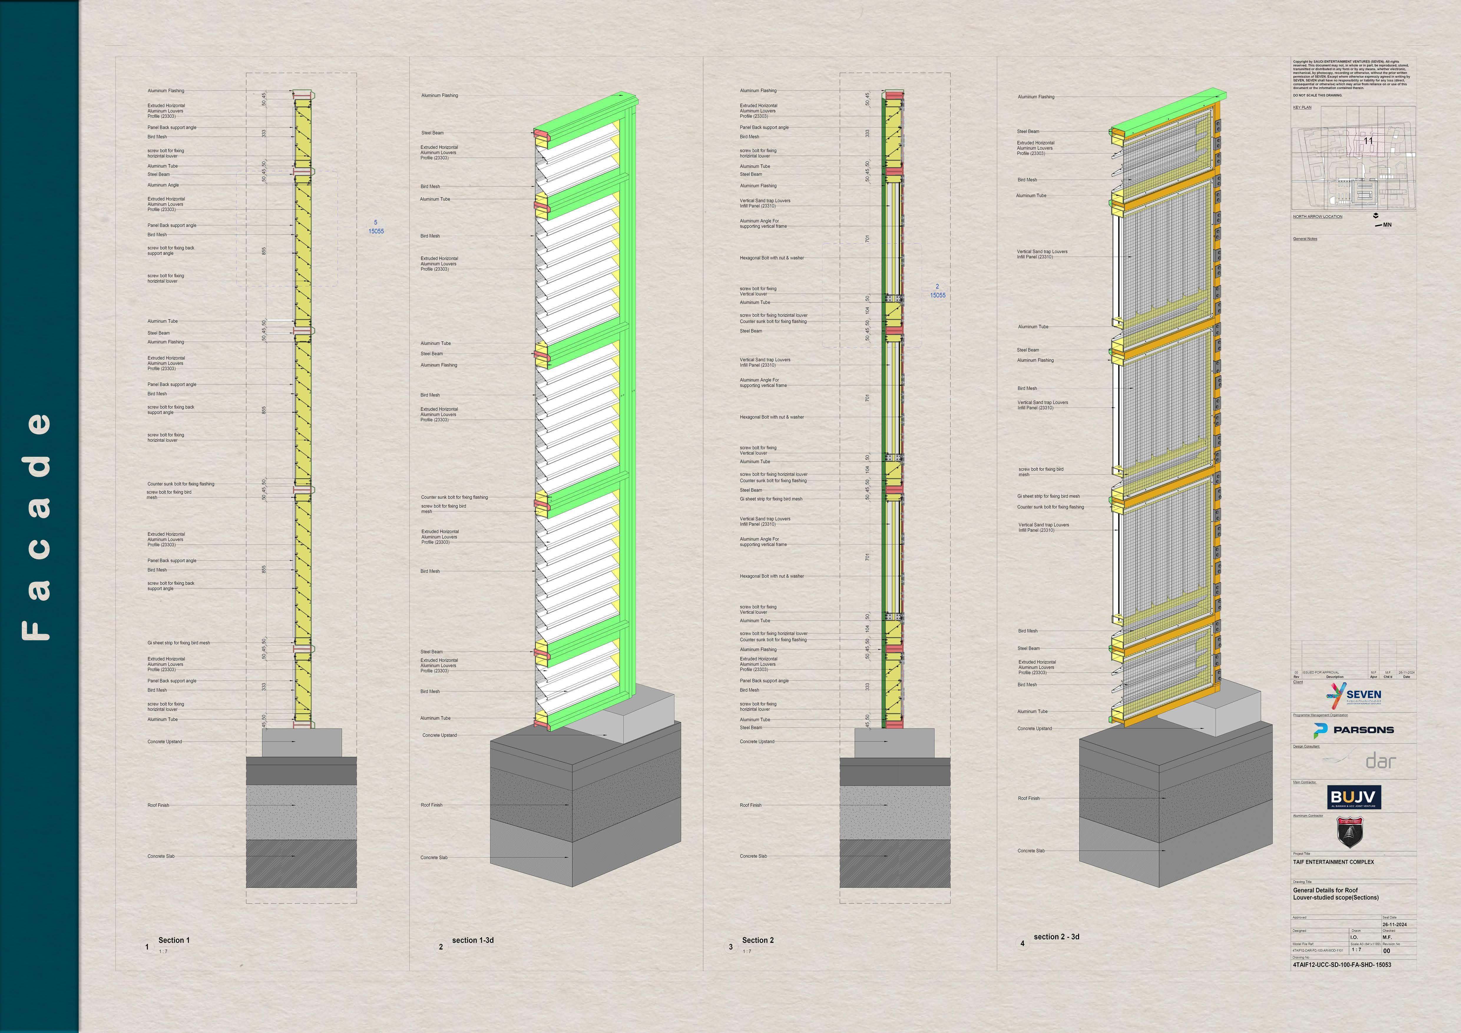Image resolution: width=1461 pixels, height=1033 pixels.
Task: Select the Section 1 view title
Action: click(174, 940)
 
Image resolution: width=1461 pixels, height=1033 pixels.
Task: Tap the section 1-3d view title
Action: click(473, 940)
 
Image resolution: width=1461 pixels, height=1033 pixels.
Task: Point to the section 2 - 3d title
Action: click(1056, 936)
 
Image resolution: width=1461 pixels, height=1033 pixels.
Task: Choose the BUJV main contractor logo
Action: click(1354, 797)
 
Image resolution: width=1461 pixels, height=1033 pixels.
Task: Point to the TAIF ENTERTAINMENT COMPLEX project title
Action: click(1333, 862)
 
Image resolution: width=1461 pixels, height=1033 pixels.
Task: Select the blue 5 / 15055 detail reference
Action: click(375, 227)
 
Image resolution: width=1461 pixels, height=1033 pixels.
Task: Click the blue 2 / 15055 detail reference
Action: click(937, 291)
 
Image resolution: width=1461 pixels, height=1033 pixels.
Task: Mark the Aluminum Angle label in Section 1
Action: click(163, 185)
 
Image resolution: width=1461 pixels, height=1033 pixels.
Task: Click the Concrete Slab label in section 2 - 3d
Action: click(1031, 850)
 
